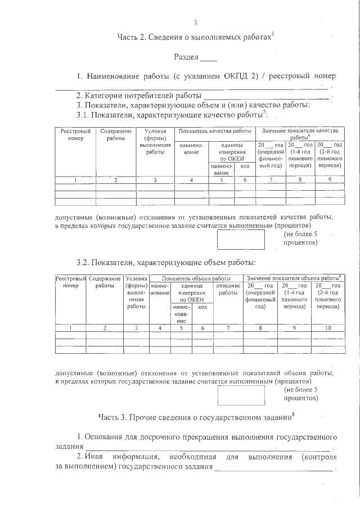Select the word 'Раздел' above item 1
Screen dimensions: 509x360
186,57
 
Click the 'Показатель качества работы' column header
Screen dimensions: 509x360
214,131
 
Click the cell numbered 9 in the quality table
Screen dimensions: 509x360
329,179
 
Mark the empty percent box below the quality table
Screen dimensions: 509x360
241,238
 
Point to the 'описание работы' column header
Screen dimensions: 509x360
228,289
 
